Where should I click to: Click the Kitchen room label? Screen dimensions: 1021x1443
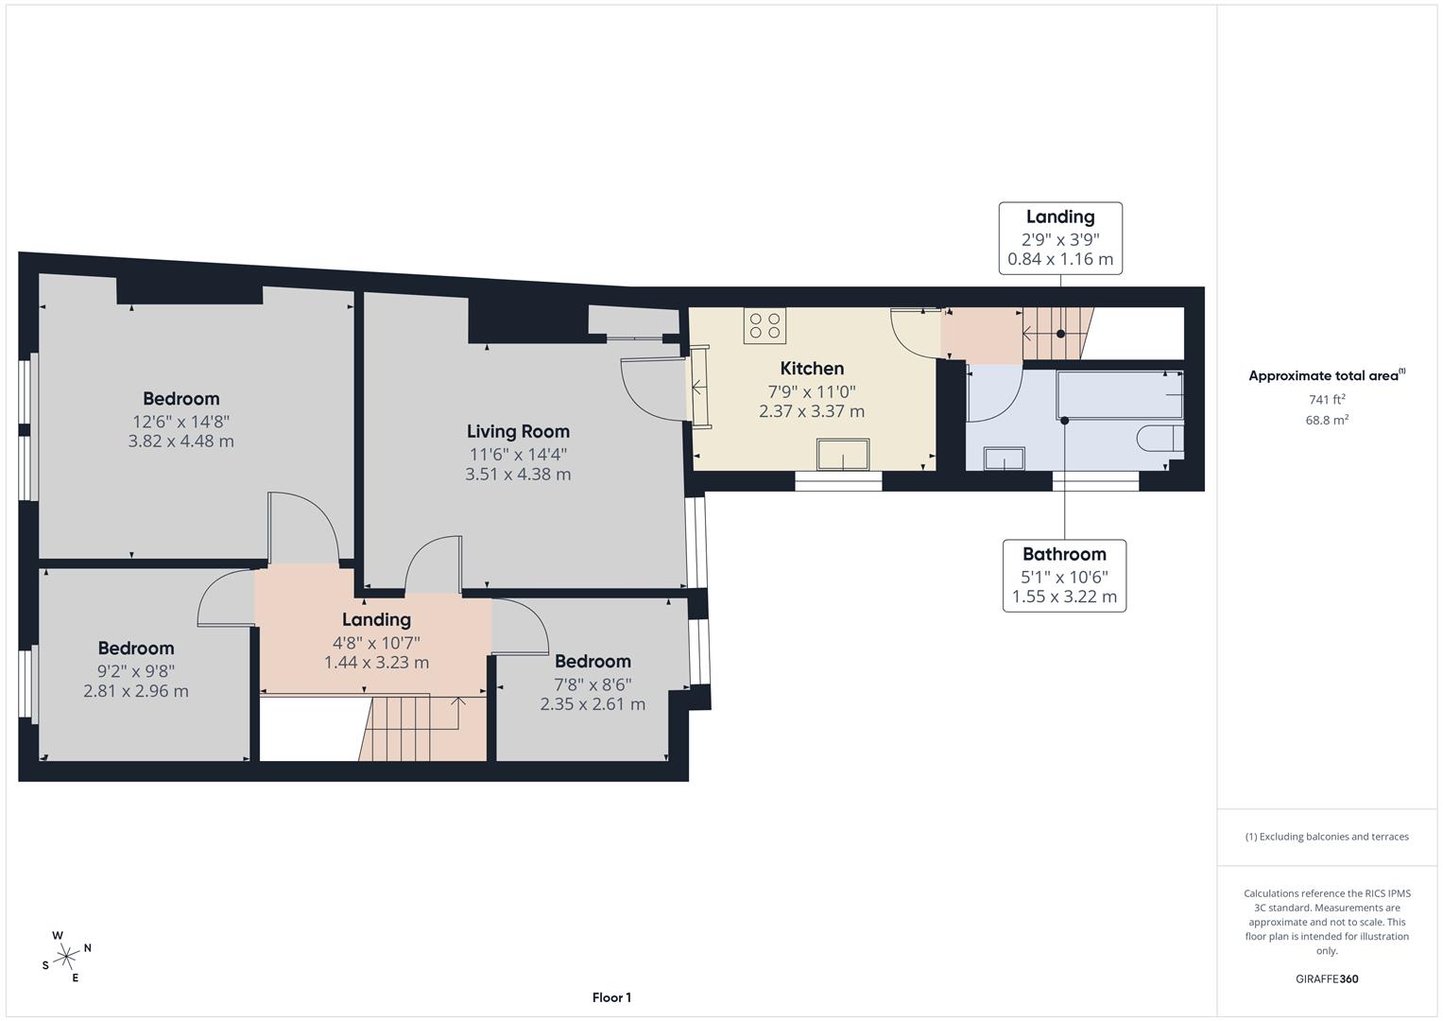pyautogui.click(x=812, y=369)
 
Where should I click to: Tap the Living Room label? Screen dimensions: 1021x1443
pyautogui.click(x=518, y=431)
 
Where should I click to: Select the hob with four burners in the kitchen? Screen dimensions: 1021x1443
pyautogui.click(x=765, y=326)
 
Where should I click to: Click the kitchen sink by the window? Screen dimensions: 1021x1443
pyautogui.click(x=844, y=455)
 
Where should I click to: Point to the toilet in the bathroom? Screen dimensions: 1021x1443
pyautogui.click(x=1160, y=440)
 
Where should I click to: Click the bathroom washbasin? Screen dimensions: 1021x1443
pyautogui.click(x=1004, y=458)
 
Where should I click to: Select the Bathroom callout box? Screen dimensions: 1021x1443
pyautogui.click(x=1064, y=575)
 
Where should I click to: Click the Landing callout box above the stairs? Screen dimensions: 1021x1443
pyautogui.click(x=1060, y=237)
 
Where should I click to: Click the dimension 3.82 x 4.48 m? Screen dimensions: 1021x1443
pyautogui.click(x=181, y=441)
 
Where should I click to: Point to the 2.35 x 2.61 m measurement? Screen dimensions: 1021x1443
pyautogui.click(x=593, y=704)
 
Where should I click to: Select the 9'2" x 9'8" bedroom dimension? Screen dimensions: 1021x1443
pyautogui.click(x=136, y=671)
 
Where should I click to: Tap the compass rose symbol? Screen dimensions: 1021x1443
pyautogui.click(x=66, y=957)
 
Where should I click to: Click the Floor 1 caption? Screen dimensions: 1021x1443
pyautogui.click(x=611, y=997)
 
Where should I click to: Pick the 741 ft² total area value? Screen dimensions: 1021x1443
pyautogui.click(x=1327, y=400)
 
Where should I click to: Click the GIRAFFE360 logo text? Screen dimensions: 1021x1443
pyautogui.click(x=1327, y=979)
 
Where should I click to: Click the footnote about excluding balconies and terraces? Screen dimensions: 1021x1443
pyautogui.click(x=1327, y=837)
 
